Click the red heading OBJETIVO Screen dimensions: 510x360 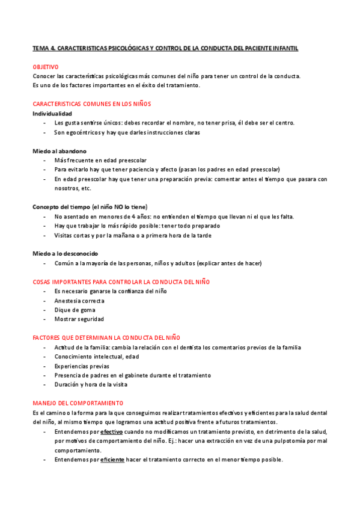(x=46, y=67)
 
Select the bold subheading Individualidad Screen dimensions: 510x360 (x=52, y=113)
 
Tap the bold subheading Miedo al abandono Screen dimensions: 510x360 (x=59, y=151)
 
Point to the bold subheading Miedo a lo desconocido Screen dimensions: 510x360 (x=65, y=253)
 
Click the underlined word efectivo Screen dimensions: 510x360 (x=111, y=432)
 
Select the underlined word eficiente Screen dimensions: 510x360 (x=112, y=459)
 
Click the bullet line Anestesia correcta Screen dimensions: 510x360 (x=79, y=301)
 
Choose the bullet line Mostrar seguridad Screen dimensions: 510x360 (x=79, y=319)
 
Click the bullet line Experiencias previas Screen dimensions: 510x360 (x=82, y=366)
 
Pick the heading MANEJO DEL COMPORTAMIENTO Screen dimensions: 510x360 (x=78, y=403)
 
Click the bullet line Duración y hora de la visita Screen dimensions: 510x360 (x=91, y=384)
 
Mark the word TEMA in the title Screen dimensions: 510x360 (x=41, y=48)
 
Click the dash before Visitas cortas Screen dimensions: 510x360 (x=46, y=235)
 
